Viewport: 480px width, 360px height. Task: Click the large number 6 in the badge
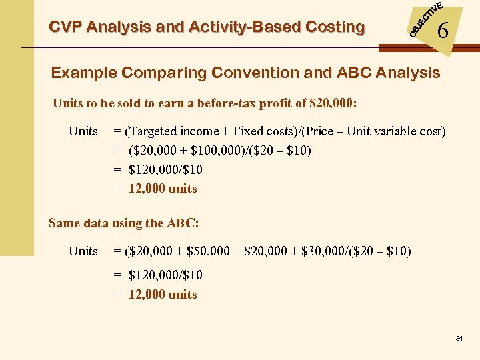click(x=442, y=31)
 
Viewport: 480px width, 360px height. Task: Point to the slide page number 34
click(x=459, y=339)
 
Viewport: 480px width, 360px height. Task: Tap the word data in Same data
click(x=95, y=223)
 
